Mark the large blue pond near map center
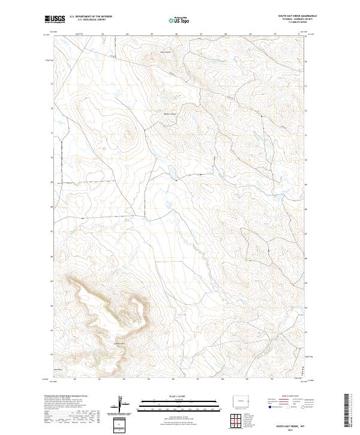coord(172,173)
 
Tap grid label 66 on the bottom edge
coord(173,379)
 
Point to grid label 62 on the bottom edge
coord(74,379)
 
